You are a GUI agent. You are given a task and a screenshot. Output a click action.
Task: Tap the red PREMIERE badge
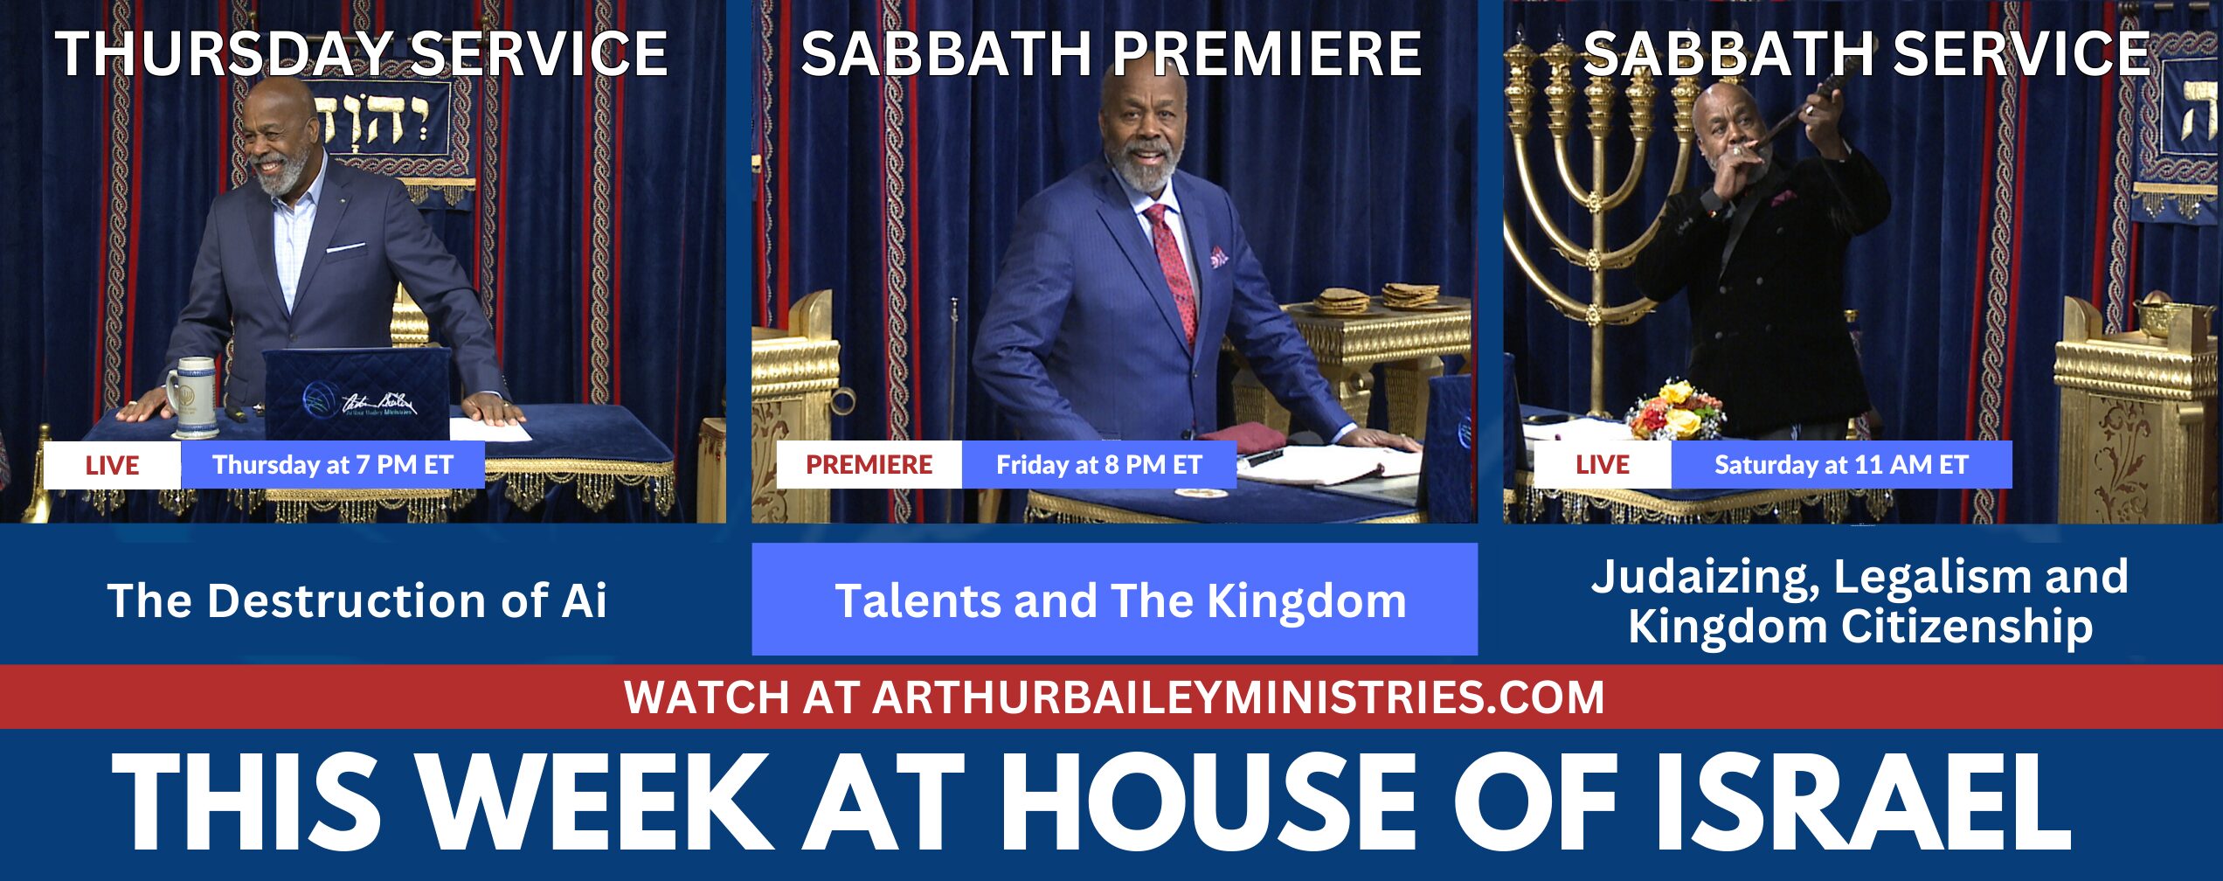(x=869, y=465)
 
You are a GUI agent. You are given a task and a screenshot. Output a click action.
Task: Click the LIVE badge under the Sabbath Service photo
(x=1602, y=465)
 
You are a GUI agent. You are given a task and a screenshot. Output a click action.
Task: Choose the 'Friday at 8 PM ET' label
(x=1099, y=465)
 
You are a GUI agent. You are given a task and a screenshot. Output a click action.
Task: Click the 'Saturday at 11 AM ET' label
(x=1841, y=465)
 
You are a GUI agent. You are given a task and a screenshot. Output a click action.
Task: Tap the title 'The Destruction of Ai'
(x=357, y=601)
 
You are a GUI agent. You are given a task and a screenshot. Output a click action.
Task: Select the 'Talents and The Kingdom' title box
(x=1115, y=600)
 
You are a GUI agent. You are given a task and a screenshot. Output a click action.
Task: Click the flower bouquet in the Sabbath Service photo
(x=1675, y=409)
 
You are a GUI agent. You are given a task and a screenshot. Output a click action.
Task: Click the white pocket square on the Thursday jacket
(x=345, y=248)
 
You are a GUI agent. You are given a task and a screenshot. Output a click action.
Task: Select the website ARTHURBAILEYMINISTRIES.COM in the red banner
(x=1238, y=697)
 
